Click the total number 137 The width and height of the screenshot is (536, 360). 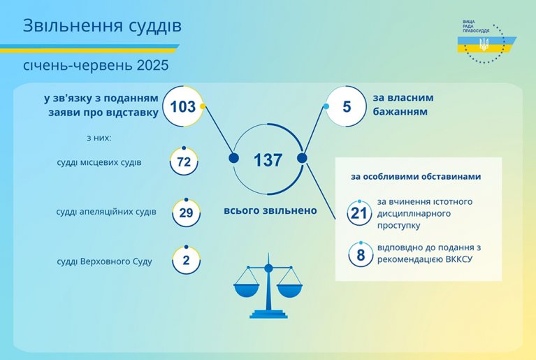(x=268, y=160)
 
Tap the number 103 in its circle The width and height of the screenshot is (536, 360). (x=183, y=107)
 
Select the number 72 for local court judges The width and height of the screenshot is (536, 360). (x=184, y=161)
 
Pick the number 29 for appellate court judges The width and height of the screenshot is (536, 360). (x=187, y=213)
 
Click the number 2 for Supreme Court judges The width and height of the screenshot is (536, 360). (x=187, y=261)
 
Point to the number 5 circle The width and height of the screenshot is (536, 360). (x=347, y=106)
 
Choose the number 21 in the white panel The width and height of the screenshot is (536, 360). (x=359, y=214)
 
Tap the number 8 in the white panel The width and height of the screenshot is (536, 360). (x=361, y=255)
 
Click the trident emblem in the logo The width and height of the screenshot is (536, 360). (x=484, y=44)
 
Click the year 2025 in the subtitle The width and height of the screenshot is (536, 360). (x=153, y=65)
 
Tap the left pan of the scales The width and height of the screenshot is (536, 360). (x=246, y=290)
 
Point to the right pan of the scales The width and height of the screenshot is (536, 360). (x=290, y=290)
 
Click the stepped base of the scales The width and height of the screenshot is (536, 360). (x=268, y=314)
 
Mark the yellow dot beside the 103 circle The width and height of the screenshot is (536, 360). (x=203, y=106)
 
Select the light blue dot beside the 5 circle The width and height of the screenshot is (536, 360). (x=326, y=106)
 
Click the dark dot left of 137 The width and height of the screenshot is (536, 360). (x=234, y=158)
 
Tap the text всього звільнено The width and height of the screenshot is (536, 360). (x=270, y=210)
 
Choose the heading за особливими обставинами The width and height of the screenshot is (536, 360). (x=416, y=176)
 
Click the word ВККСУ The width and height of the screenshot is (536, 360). (x=459, y=259)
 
